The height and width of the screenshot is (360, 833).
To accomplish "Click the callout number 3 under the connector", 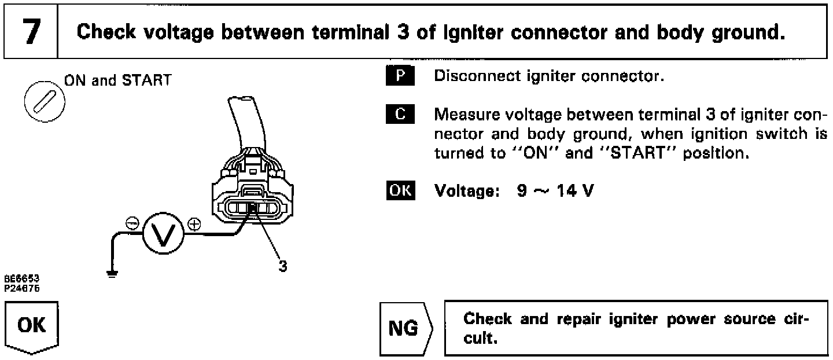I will (282, 266).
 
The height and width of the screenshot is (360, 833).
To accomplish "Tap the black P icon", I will (399, 77).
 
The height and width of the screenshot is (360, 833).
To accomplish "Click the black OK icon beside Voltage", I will (400, 190).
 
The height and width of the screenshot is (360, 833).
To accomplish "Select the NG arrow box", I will (403, 328).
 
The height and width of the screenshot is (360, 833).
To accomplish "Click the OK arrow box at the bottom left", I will (32, 326).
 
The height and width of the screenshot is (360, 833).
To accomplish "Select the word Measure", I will (462, 115).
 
